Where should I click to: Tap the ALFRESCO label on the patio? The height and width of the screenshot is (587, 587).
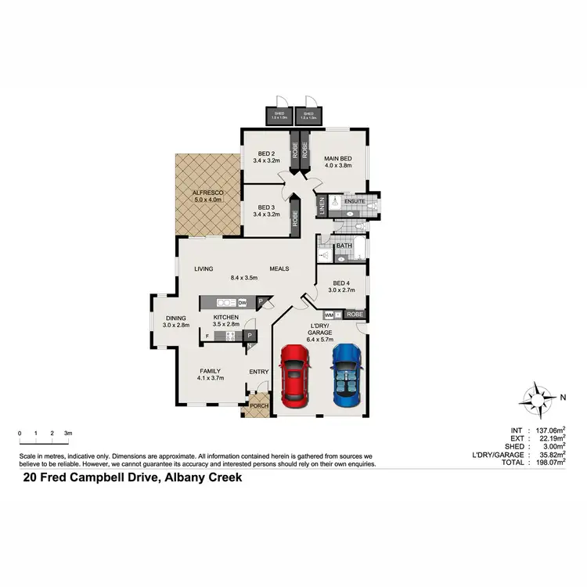[x=208, y=193]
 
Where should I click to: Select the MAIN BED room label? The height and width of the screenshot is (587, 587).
[x=338, y=159]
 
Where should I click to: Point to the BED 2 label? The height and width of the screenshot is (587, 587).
[x=267, y=153]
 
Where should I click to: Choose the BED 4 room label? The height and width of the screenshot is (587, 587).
[x=341, y=283]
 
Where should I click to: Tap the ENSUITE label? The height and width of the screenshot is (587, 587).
[x=355, y=201]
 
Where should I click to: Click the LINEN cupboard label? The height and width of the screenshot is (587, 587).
[x=322, y=207]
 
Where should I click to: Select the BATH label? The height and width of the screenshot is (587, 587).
[x=344, y=246]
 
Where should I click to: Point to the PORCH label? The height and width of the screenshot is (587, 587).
[x=258, y=405]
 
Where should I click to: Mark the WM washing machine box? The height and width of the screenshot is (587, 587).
[x=329, y=315]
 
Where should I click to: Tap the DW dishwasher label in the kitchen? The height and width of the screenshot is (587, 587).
[x=243, y=302]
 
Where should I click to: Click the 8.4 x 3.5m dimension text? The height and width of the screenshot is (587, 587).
[x=245, y=277]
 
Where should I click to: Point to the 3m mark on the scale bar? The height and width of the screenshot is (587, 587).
[x=68, y=433]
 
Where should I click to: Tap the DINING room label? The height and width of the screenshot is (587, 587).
[x=176, y=317]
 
